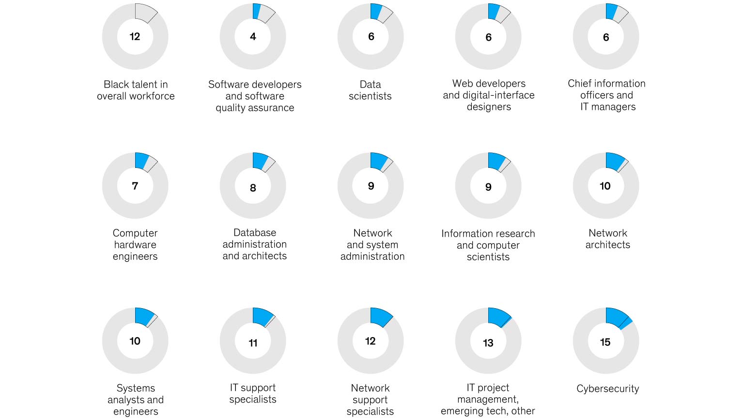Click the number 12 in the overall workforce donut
[x=135, y=37]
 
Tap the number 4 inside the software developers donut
[x=253, y=37]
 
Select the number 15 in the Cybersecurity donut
[x=605, y=342]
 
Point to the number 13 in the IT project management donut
[x=488, y=343]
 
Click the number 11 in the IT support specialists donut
[x=253, y=343]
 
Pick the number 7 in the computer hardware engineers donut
[x=135, y=186]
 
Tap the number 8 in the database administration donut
[x=253, y=188]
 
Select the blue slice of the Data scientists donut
[x=376, y=11]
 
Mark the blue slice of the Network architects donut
[x=614, y=162]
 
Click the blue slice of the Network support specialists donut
[x=380, y=316]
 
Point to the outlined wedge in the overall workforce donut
[x=144, y=13]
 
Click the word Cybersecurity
[x=607, y=388]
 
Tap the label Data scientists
[x=370, y=90]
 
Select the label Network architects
[x=607, y=239]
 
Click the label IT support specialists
[x=253, y=393]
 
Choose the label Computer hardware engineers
[x=135, y=245]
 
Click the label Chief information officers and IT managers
[x=607, y=95]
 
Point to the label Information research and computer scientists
[x=488, y=245]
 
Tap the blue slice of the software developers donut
[x=256, y=11]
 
